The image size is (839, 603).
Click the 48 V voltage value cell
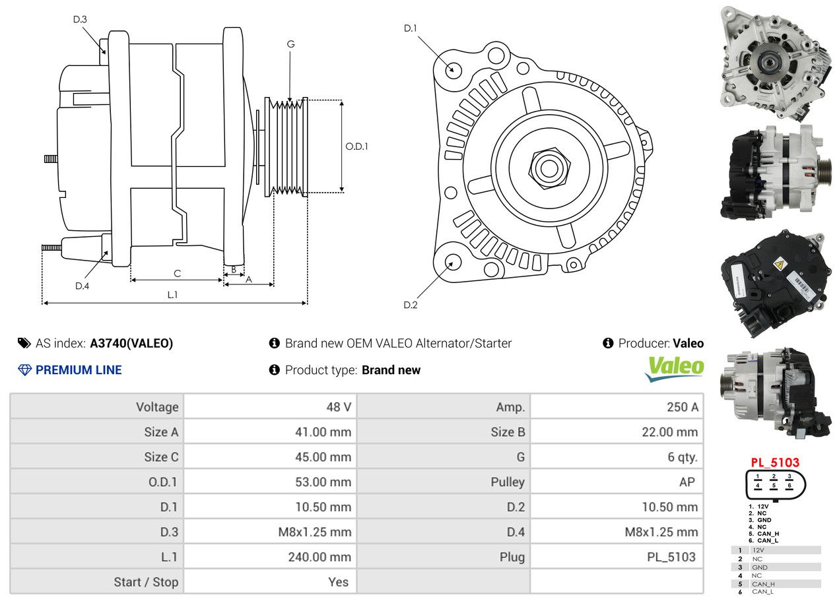point(339,407)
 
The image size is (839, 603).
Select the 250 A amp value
point(682,407)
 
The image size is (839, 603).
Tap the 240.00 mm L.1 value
point(319,557)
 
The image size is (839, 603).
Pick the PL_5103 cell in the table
point(671,557)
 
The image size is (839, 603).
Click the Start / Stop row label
point(146,582)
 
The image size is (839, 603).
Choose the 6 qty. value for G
point(682,457)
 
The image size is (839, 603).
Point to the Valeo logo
point(674,368)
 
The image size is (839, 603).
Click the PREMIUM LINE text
point(79,370)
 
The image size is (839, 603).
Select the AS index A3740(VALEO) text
point(131,343)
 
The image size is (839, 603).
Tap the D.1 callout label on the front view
point(411,28)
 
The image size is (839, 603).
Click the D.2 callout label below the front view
point(411,305)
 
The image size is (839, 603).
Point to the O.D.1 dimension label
point(356,146)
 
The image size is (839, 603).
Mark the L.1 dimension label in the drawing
point(172,295)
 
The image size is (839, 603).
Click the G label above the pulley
point(290,44)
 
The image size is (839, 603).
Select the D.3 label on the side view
point(80,19)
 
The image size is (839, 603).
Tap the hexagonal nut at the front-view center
point(549,168)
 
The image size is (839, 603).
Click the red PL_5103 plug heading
point(775,463)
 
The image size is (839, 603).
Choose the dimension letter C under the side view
point(177,273)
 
